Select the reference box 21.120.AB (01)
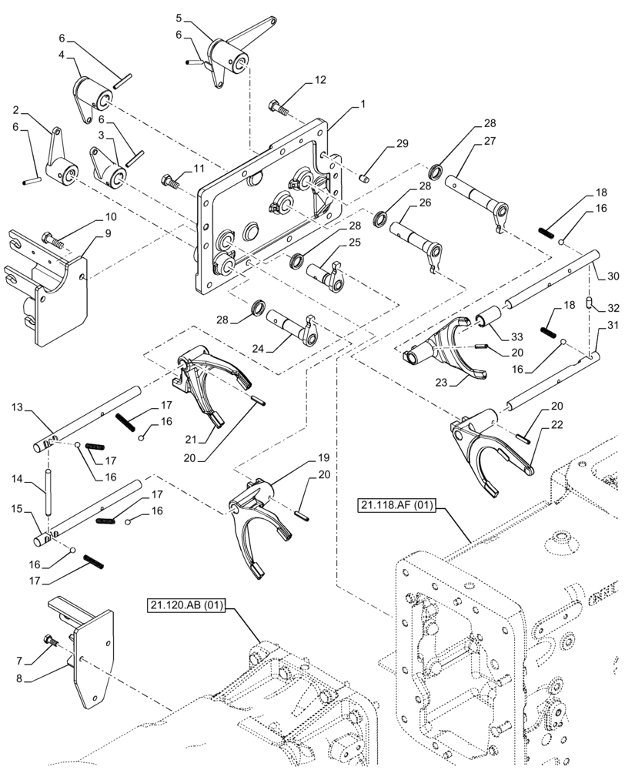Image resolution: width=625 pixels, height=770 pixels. [184, 604]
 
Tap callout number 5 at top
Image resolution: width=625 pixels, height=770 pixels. [179, 16]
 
